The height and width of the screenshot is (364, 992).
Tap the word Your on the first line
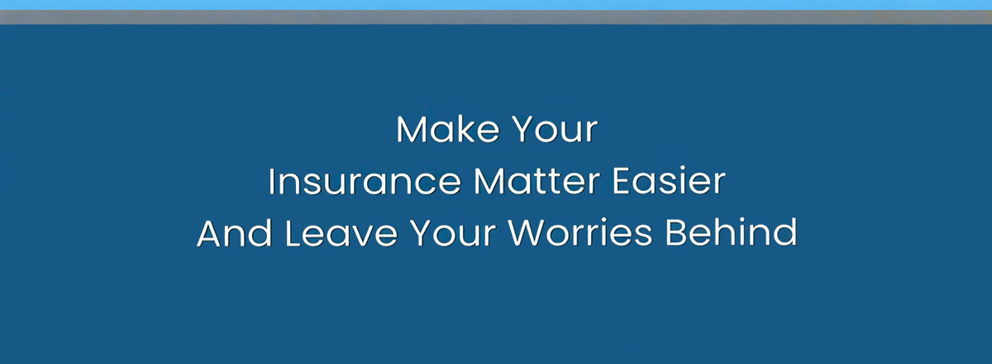(556, 129)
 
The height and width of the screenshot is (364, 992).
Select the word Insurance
(365, 181)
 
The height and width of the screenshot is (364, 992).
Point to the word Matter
(537, 181)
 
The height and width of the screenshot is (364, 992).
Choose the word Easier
(669, 181)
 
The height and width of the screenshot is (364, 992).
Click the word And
(234, 232)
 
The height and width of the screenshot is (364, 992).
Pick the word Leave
(341, 232)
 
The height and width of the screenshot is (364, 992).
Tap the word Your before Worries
(453, 233)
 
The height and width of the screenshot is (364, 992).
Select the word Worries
(580, 232)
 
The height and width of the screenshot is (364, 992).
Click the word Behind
(731, 232)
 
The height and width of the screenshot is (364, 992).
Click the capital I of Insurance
(271, 181)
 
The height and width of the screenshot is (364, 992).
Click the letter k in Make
(467, 129)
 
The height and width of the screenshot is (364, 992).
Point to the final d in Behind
(785, 232)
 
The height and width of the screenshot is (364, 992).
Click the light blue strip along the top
(496, 5)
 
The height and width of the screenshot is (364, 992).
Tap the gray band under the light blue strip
(496, 17)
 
